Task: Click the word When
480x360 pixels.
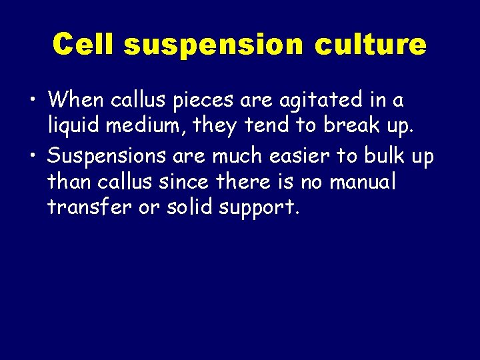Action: click(75, 101)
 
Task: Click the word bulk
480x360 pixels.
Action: click(384, 156)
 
